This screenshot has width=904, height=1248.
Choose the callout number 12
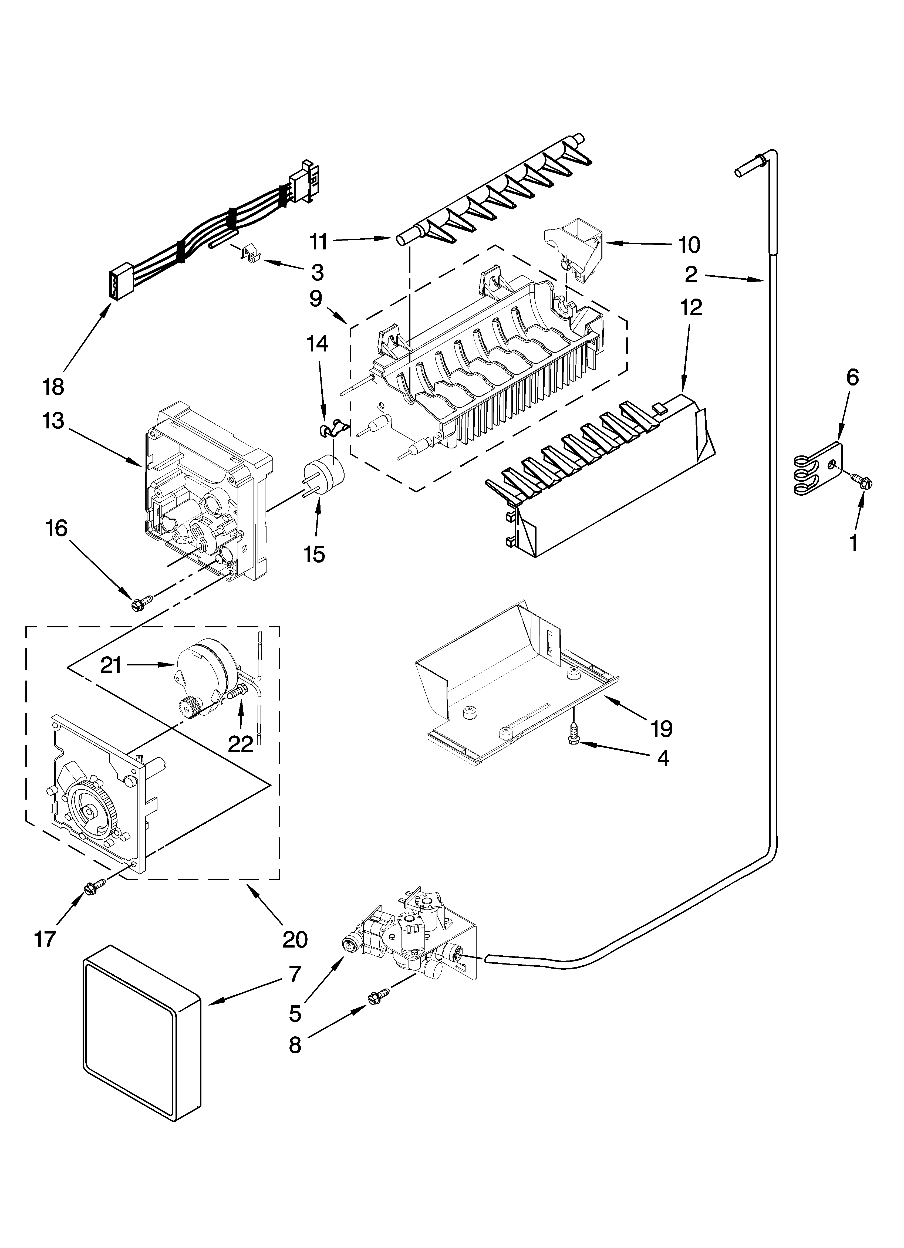coord(692,307)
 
